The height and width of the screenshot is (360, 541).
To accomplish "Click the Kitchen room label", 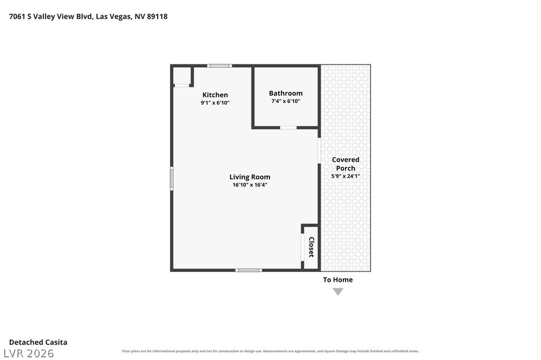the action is (x=215, y=95).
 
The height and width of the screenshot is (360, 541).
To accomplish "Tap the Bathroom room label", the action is (x=286, y=93).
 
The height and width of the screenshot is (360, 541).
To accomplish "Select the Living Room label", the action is (x=250, y=177).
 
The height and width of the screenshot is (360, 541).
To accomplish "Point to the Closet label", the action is (x=311, y=247).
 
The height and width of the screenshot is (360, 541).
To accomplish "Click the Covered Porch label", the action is (x=346, y=164).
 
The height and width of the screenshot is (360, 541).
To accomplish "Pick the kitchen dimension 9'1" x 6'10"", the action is (x=215, y=102).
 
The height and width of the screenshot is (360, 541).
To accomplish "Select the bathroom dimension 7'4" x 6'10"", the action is (x=286, y=101).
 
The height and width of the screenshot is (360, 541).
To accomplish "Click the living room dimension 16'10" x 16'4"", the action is (x=250, y=185).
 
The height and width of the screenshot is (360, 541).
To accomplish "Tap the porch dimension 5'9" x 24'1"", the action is (x=346, y=176).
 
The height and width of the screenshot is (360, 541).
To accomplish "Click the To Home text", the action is (x=338, y=280).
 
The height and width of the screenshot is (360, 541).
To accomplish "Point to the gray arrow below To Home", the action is (x=338, y=292).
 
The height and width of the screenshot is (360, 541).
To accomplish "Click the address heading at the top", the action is (x=88, y=16).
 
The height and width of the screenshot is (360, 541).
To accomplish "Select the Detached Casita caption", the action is (x=38, y=342).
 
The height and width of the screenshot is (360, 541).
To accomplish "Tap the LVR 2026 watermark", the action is (x=29, y=353).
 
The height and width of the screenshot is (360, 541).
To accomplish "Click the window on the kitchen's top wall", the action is (x=219, y=65).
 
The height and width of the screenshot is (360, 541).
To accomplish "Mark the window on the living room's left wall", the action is (x=172, y=178).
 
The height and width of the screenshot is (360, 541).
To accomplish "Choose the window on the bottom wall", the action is (x=248, y=270).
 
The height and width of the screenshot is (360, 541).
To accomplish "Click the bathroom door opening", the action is (x=288, y=128).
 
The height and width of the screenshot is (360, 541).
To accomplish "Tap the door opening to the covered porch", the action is (x=319, y=150).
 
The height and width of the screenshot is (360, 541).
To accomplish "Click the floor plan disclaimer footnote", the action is (x=270, y=351).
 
